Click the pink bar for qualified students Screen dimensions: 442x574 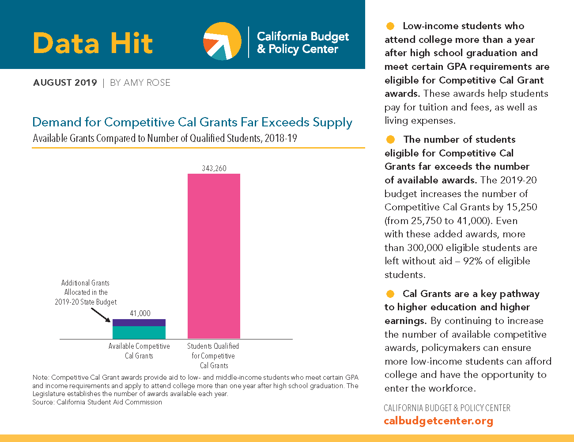coord(214,256)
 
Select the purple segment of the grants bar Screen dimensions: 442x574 coord(139,323)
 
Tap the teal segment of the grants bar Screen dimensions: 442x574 coord(139,332)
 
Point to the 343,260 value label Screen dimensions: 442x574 coord(214,168)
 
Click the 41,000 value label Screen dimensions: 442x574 coord(140,313)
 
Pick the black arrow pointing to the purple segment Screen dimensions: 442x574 coord(101,315)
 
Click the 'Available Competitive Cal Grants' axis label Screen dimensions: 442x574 coord(139,351)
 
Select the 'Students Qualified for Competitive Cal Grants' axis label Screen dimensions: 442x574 coord(213,356)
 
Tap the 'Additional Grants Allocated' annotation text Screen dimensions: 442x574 coord(86,292)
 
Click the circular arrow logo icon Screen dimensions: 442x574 coord(222,41)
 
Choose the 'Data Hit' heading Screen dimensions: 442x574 coord(93,43)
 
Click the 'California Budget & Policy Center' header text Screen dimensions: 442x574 coord(303,42)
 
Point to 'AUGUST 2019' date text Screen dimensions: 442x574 coord(65,83)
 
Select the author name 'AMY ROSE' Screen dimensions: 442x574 coord(147,83)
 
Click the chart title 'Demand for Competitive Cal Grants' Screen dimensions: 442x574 coord(192,122)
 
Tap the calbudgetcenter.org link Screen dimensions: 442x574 coord(438,421)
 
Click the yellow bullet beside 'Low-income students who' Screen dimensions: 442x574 coord(390,26)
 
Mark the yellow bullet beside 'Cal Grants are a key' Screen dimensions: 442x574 coord(390,294)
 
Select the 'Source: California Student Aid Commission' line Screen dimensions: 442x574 coord(97,402)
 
